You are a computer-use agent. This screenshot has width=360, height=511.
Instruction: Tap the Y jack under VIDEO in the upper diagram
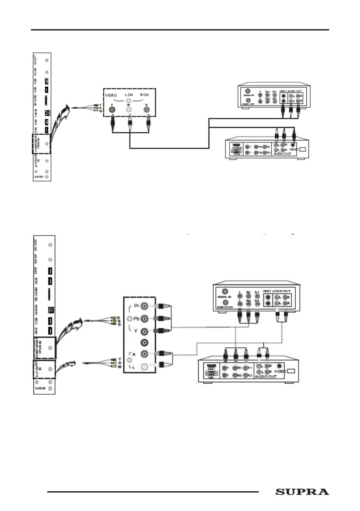coord(113,109)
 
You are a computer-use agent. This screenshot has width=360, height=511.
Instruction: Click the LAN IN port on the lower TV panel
coord(50,309)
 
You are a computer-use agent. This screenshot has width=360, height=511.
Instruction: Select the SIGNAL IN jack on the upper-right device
coord(248,91)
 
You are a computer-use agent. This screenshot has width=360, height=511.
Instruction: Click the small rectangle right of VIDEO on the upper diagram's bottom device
coord(303,150)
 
